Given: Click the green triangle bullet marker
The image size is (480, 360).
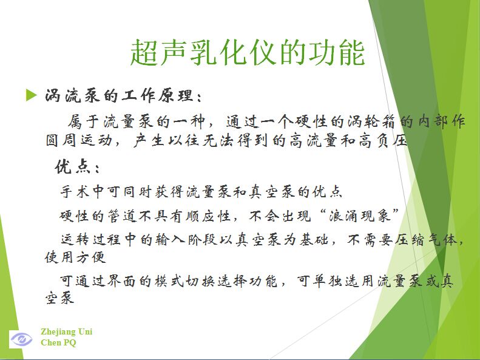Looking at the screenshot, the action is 31,95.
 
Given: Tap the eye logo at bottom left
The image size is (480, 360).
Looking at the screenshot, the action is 21,339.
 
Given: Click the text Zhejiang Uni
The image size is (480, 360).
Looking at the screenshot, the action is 66,332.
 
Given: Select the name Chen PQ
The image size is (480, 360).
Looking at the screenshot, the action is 58,342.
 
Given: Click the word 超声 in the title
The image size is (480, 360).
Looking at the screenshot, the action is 159,52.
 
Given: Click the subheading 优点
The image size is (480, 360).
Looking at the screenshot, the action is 72,167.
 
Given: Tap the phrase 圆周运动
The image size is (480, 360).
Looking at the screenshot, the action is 79,140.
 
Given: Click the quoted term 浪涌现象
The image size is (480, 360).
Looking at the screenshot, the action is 359,216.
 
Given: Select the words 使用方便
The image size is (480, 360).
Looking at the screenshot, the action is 75,257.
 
